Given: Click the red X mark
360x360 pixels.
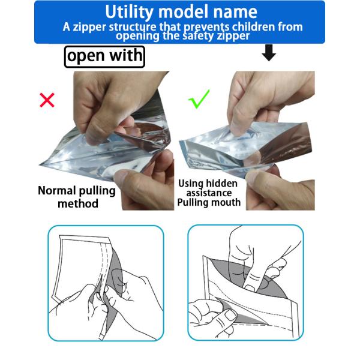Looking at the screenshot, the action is [47, 100].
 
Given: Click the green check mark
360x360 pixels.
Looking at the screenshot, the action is [199, 99].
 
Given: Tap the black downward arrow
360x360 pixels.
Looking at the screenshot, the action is [269, 53].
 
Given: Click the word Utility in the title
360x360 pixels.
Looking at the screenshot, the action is [129, 12].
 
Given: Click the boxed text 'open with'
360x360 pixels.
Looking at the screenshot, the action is [104, 56].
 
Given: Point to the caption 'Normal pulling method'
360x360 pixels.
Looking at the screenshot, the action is [77, 197].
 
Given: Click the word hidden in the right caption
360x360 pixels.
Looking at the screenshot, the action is [221, 184].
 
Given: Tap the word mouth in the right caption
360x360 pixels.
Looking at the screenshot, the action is [226, 202].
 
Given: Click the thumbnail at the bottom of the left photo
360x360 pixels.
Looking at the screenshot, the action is [122, 175].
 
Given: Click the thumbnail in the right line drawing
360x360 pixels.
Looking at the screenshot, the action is [230, 315].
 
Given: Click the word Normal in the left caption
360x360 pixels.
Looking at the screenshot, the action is [57, 191].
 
